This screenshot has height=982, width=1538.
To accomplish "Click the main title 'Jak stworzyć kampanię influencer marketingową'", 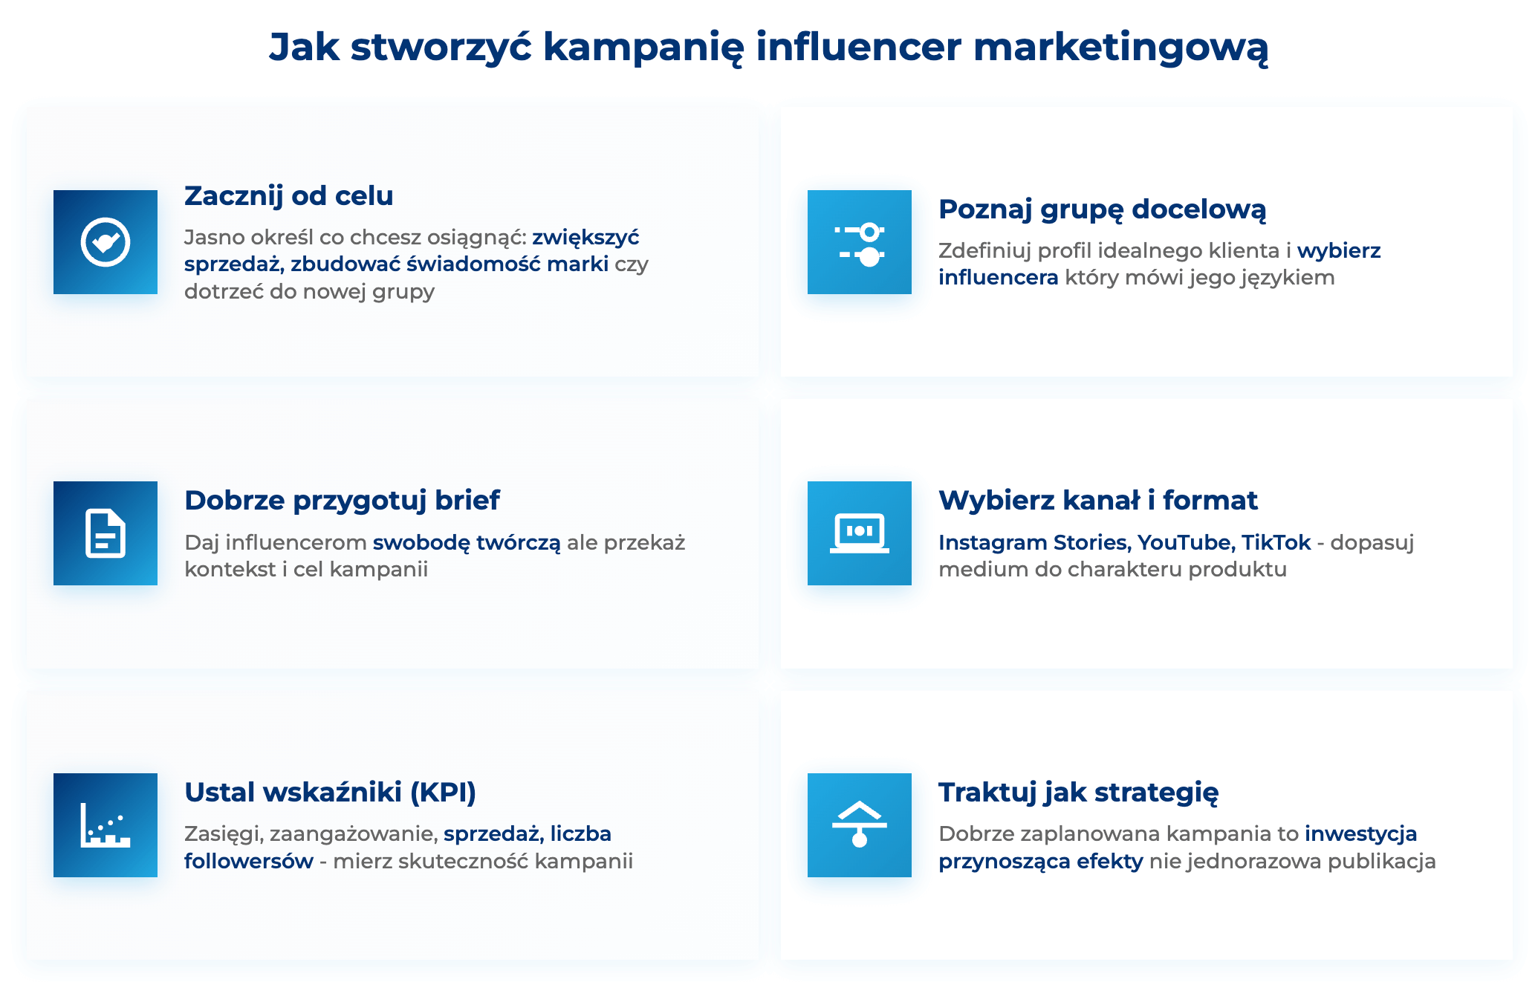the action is [768, 48].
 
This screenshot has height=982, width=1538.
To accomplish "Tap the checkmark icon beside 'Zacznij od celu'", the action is [106, 242].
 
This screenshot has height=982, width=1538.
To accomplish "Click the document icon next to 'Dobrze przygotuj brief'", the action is [106, 533].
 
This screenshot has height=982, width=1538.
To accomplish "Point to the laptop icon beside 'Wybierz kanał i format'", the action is [860, 533].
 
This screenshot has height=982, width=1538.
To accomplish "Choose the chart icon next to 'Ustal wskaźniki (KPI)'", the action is [106, 825].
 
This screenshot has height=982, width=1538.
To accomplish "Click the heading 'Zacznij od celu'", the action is [289, 196].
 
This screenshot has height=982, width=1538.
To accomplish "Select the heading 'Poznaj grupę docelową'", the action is [1102, 210].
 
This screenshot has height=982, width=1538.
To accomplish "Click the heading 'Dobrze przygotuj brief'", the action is [342, 501].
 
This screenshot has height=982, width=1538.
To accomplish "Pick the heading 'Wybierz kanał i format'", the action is [1097, 501].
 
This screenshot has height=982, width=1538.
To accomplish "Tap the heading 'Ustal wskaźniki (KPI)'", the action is [330, 793].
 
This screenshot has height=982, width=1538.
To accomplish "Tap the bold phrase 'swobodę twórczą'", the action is [467, 543].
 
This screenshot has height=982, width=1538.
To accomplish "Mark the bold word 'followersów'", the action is [249, 862].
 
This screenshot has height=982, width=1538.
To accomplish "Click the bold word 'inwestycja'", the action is [1360, 834].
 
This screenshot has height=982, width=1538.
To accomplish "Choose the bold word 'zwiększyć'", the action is [585, 238].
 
